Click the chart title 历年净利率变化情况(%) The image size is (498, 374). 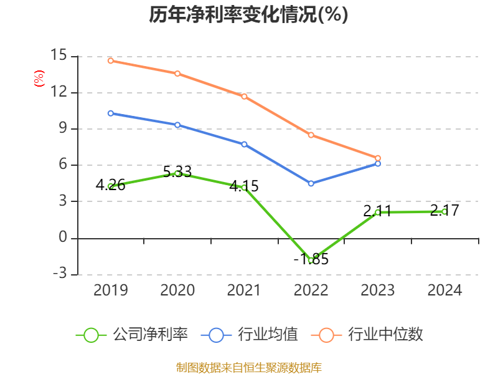point(248,15)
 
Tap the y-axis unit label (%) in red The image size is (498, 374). point(39,79)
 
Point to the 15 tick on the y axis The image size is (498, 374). point(59,55)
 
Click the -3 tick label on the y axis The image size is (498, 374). point(59,274)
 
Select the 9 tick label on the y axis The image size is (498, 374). point(62,128)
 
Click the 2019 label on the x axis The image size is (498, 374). point(111,290)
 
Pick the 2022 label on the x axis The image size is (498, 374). point(311,290)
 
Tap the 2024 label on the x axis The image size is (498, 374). point(444,290)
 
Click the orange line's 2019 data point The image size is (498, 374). point(110,60)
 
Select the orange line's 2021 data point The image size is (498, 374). point(244,96)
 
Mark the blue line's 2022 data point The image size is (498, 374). point(311,183)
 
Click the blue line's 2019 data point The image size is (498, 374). point(110,113)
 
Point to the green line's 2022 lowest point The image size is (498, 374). point(311,260)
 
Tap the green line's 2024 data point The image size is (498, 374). point(444,211)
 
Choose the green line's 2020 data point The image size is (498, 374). point(177,173)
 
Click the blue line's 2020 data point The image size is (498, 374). point(177,125)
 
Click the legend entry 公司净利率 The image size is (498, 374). point(132,335)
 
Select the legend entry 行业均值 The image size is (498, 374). point(250,335)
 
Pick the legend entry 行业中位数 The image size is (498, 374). point(372,335)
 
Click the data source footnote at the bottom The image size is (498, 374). point(248,367)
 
